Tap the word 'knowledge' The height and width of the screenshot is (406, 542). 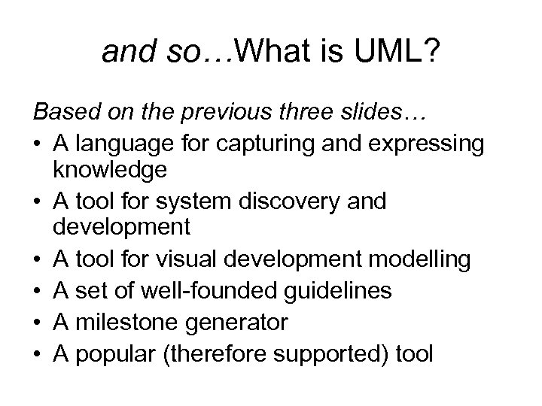[x=110, y=170]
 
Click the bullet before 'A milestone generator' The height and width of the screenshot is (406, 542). [x=37, y=322]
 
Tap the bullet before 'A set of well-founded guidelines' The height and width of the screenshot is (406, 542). [x=37, y=290]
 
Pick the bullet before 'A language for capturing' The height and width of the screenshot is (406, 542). [x=37, y=144]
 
